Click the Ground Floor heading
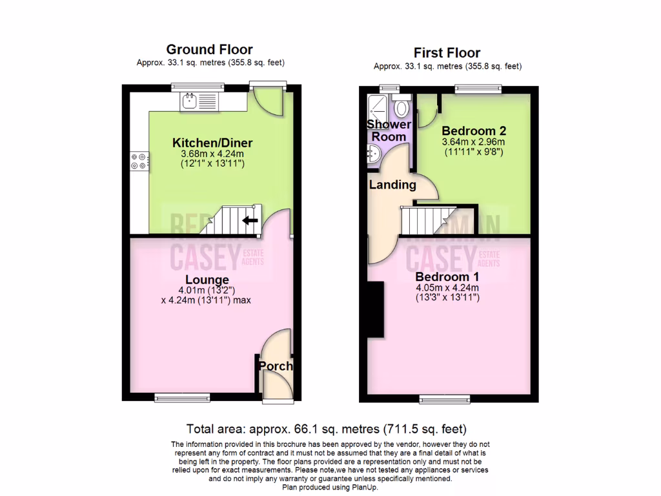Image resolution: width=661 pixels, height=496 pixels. pyautogui.click(x=209, y=50)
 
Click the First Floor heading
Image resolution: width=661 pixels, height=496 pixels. pyautogui.click(x=447, y=53)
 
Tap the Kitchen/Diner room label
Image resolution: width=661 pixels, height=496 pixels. pyautogui.click(x=212, y=143)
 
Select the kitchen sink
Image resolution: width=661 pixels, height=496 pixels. pyautogui.click(x=190, y=100)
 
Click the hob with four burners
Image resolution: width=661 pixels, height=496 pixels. pyautogui.click(x=139, y=160)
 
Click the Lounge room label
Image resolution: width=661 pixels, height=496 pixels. pyautogui.click(x=207, y=280)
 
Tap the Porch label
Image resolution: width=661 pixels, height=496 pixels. pyautogui.click(x=276, y=366)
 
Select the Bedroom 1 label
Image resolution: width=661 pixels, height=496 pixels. pyautogui.click(x=447, y=277)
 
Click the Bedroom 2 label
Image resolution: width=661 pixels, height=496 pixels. pyautogui.click(x=473, y=131)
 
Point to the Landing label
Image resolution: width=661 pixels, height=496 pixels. pyautogui.click(x=392, y=185)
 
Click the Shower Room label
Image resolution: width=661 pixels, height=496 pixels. pyautogui.click(x=389, y=130)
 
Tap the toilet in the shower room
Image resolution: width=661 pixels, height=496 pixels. pyautogui.click(x=402, y=107)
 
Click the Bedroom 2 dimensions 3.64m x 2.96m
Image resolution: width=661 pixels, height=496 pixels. pyautogui.click(x=473, y=142)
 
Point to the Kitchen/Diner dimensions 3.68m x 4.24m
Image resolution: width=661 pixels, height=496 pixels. pyautogui.click(x=212, y=154)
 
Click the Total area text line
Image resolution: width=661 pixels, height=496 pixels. pyautogui.click(x=326, y=429)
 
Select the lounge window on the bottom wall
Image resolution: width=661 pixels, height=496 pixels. pyautogui.click(x=174, y=398)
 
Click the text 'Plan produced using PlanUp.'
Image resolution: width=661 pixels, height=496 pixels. pyautogui.click(x=330, y=488)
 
